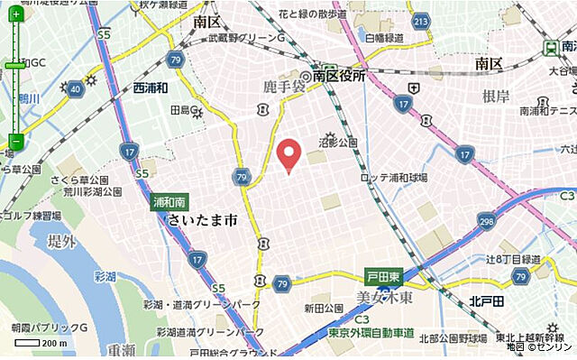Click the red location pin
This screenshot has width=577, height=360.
click(x=288, y=154)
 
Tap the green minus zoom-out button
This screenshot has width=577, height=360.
click(x=15, y=141)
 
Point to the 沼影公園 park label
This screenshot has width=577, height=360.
click(x=338, y=143)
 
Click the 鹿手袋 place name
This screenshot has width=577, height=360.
click(x=282, y=86)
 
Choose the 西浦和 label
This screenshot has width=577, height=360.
click(x=151, y=88)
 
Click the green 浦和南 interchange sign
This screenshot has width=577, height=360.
click(x=168, y=201)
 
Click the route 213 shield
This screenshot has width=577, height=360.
click(x=419, y=21)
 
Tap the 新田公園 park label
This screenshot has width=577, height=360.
click(x=323, y=309)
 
